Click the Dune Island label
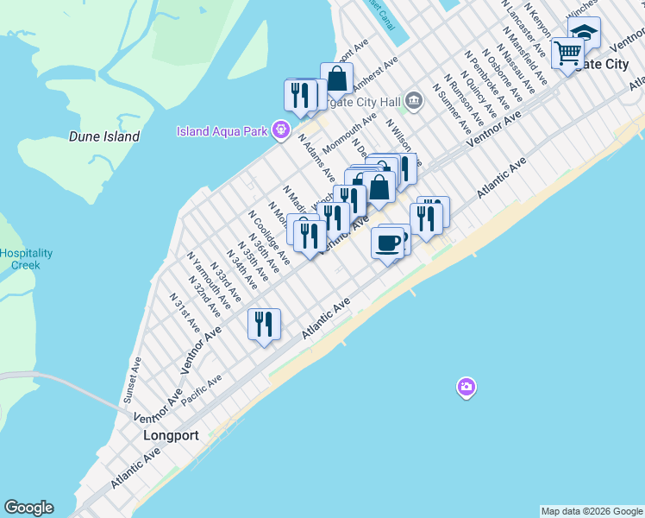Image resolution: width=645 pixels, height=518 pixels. coord(103,136)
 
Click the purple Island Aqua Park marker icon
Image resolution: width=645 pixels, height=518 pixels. coord(280,131)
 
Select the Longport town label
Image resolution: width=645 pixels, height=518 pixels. coord(170,436)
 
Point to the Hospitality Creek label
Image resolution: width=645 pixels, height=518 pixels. coord(26,259)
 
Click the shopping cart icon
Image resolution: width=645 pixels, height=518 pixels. coord(567,54)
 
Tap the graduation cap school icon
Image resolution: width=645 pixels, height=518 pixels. coord(584,34)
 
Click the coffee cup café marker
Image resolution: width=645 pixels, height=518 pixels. coord(388,243)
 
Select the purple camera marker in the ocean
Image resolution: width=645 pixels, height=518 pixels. coord(467,387)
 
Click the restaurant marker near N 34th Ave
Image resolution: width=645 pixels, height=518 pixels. coord(264,324)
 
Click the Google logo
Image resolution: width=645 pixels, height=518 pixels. coord(28,508)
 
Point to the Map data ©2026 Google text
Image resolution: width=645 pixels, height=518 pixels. coord(591,511)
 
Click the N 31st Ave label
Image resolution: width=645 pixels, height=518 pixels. coord(185,313)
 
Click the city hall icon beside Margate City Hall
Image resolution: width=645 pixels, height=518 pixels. coord(414,100)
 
